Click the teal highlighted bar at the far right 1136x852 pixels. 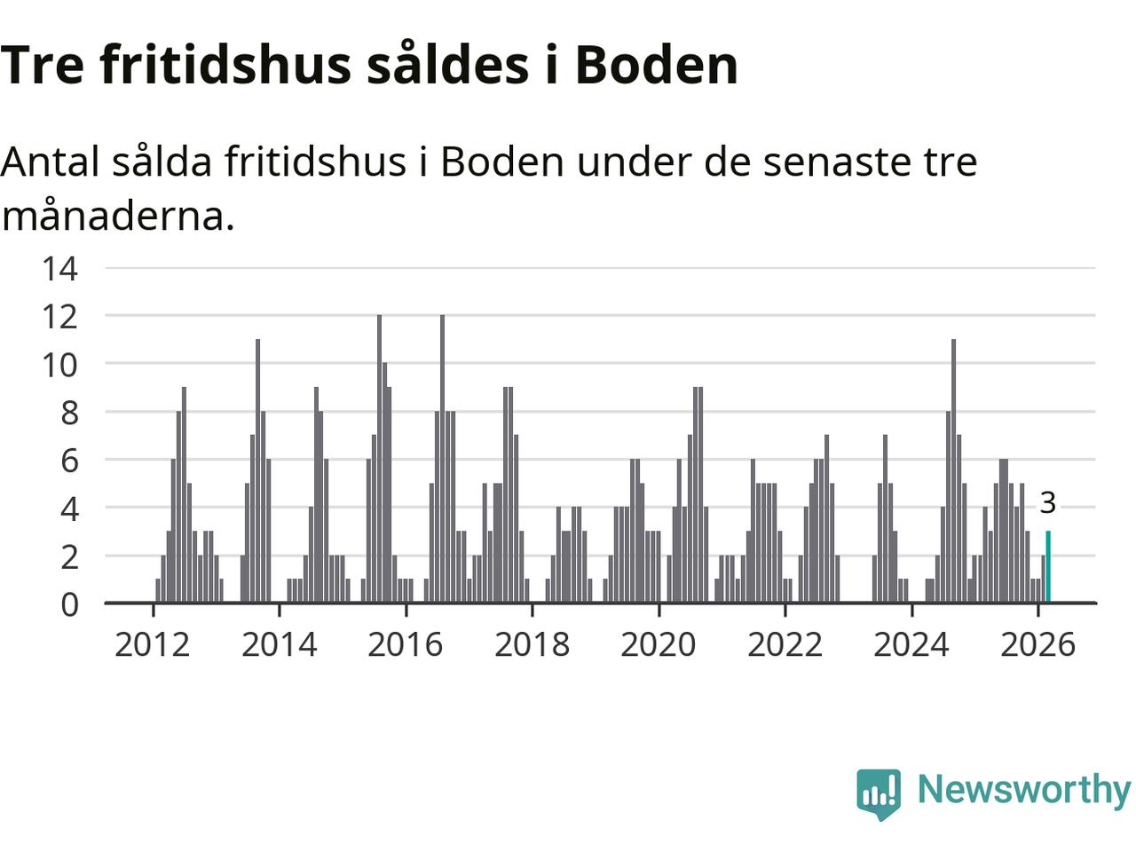[x=1048, y=567]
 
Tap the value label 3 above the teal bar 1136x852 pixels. [x=1047, y=503]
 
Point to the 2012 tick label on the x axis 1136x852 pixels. [x=153, y=644]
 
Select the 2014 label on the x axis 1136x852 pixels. [x=279, y=644]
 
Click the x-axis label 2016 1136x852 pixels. [x=406, y=644]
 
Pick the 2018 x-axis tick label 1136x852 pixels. [x=532, y=644]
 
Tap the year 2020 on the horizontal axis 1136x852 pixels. [x=659, y=644]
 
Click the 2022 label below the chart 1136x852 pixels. [x=785, y=644]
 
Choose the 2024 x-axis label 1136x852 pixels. [x=911, y=644]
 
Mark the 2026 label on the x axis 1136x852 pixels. [x=1037, y=644]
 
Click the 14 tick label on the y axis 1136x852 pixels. [x=59, y=268]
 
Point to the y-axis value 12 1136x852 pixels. [x=59, y=316]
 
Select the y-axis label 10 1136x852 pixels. [x=59, y=364]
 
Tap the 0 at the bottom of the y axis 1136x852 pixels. [x=69, y=604]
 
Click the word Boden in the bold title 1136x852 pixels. [x=656, y=64]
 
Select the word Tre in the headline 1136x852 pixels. [x=43, y=64]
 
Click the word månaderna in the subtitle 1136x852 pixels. [x=117, y=216]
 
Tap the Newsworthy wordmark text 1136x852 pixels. [x=1023, y=789]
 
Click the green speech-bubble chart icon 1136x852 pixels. [x=879, y=793]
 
